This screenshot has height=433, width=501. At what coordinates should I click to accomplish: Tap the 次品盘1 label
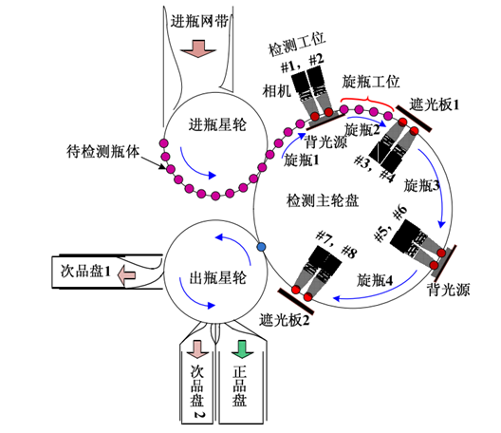pyautogui.click(x=82, y=276)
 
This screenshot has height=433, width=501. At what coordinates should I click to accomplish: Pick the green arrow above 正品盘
pyautogui.click(x=241, y=348)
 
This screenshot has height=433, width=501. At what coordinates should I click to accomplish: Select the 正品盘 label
pyautogui.click(x=240, y=388)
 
